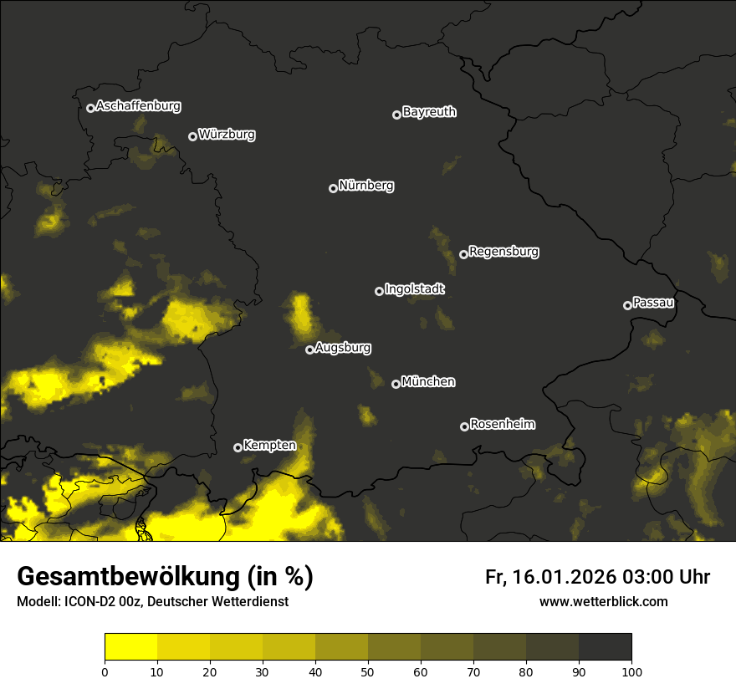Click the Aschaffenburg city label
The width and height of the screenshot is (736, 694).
pyautogui.click(x=138, y=106)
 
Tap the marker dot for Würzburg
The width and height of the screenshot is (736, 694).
pyautogui.click(x=192, y=136)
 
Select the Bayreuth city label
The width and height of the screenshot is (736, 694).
pyautogui.click(x=429, y=112)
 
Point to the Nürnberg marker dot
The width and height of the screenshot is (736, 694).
pyautogui.click(x=333, y=188)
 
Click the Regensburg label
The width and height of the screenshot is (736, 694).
pyautogui.click(x=503, y=252)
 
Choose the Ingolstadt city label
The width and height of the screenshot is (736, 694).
pyautogui.click(x=414, y=289)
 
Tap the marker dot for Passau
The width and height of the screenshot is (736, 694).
pyautogui.click(x=627, y=305)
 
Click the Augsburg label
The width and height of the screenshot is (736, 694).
pyautogui.click(x=343, y=348)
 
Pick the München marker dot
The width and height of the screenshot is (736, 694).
pyautogui.click(x=396, y=384)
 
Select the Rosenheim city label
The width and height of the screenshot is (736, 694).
pyautogui.click(x=502, y=425)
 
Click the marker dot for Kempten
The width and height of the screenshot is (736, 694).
pyautogui.click(x=238, y=447)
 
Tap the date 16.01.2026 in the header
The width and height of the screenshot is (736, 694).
pyautogui.click(x=565, y=577)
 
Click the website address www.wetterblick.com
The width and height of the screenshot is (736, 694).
pyautogui.click(x=603, y=601)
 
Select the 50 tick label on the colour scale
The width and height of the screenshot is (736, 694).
pyautogui.click(x=368, y=671)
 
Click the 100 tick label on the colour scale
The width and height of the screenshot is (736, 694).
pyautogui.click(x=631, y=671)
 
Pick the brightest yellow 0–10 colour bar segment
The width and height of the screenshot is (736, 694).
pyautogui.click(x=131, y=647)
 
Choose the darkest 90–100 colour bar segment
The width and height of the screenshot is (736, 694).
pyautogui.click(x=605, y=647)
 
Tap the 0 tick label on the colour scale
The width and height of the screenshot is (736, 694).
pyautogui.click(x=105, y=671)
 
